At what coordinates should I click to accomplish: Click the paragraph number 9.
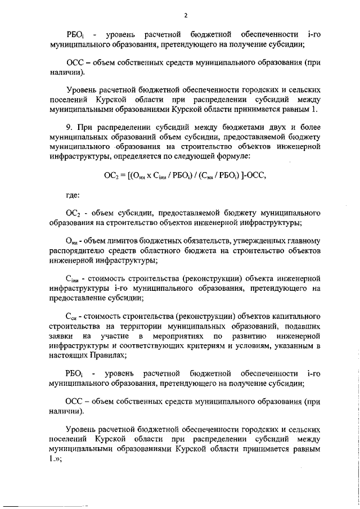click(69, 127)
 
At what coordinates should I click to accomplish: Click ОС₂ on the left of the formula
click(111, 175)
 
